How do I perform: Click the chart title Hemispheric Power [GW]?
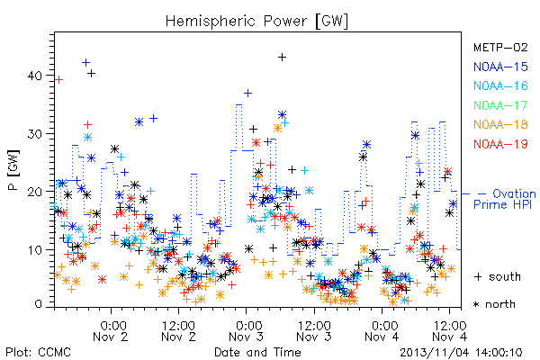click(x=256, y=22)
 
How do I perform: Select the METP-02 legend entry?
click(x=500, y=47)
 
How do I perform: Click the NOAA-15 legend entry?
click(x=500, y=67)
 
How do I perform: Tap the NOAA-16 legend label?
click(x=500, y=85)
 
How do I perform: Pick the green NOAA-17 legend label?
click(x=500, y=105)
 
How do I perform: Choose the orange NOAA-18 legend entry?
click(x=500, y=124)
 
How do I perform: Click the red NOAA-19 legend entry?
click(x=500, y=144)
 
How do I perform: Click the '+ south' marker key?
click(x=498, y=276)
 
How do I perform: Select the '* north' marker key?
click(x=494, y=304)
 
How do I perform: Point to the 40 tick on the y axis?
click(x=34, y=76)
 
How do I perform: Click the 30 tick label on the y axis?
click(x=34, y=134)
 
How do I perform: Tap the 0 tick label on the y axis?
click(x=39, y=304)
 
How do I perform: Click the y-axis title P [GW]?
click(x=13, y=170)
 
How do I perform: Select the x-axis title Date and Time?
click(x=257, y=353)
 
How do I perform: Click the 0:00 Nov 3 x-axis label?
click(x=247, y=331)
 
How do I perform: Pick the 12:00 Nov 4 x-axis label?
click(x=450, y=331)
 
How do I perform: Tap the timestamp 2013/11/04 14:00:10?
click(x=461, y=353)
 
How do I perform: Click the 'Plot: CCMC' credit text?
click(x=38, y=353)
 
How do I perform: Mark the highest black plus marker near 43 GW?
click(x=282, y=58)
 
